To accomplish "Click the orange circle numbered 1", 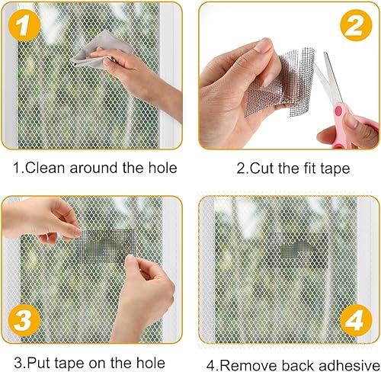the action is point(24,25).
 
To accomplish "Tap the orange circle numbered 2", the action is point(356,25).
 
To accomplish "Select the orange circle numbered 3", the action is point(24,321).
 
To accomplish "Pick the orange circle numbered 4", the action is point(356,321).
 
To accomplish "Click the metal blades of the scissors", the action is point(328,76).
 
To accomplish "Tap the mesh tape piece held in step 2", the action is point(280,82).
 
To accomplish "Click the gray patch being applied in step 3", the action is point(105,246).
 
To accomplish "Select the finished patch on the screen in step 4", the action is point(298,250).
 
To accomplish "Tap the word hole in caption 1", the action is point(162,168).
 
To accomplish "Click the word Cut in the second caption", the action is point(262,168).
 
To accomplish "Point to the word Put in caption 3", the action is point(40,363).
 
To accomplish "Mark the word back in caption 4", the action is point(298,365).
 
